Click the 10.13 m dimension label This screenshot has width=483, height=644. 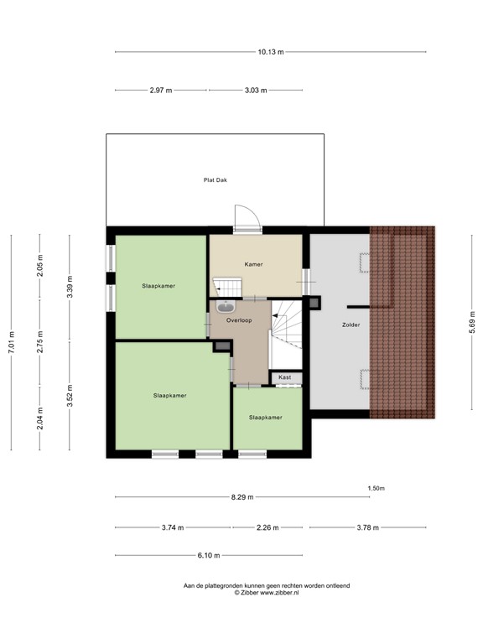point(271,52)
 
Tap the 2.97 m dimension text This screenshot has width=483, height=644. point(161,89)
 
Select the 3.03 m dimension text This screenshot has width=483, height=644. point(255,89)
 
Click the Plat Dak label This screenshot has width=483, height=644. point(216,179)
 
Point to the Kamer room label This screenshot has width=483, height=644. point(253,264)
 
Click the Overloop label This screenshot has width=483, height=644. point(239,319)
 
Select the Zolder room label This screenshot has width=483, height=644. point(351,324)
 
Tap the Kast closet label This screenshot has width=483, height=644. point(285,377)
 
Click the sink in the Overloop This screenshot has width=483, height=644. point(227,306)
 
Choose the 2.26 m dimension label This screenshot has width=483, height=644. point(267,527)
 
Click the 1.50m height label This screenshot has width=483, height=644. point(376,488)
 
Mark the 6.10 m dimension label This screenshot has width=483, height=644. point(209,555)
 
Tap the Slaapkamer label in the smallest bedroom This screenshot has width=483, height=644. point(265,417)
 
